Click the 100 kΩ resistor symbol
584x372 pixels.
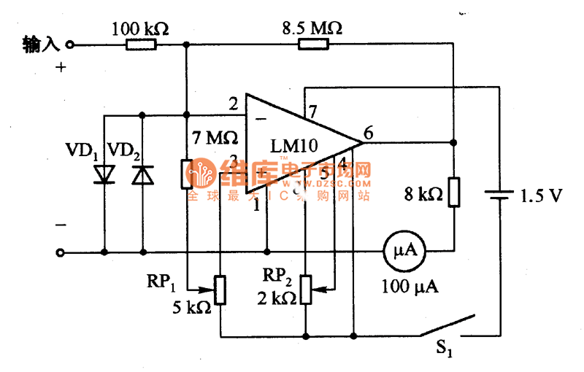click(141, 44)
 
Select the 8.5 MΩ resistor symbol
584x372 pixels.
click(314, 44)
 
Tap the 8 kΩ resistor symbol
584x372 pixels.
click(453, 192)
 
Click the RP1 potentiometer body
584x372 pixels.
click(220, 289)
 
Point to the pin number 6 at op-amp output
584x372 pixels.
click(369, 133)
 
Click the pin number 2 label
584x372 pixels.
click(233, 104)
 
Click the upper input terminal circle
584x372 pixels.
click(70, 44)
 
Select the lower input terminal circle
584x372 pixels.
click(61, 252)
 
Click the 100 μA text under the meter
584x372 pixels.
click(410, 286)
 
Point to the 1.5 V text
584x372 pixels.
click(541, 195)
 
